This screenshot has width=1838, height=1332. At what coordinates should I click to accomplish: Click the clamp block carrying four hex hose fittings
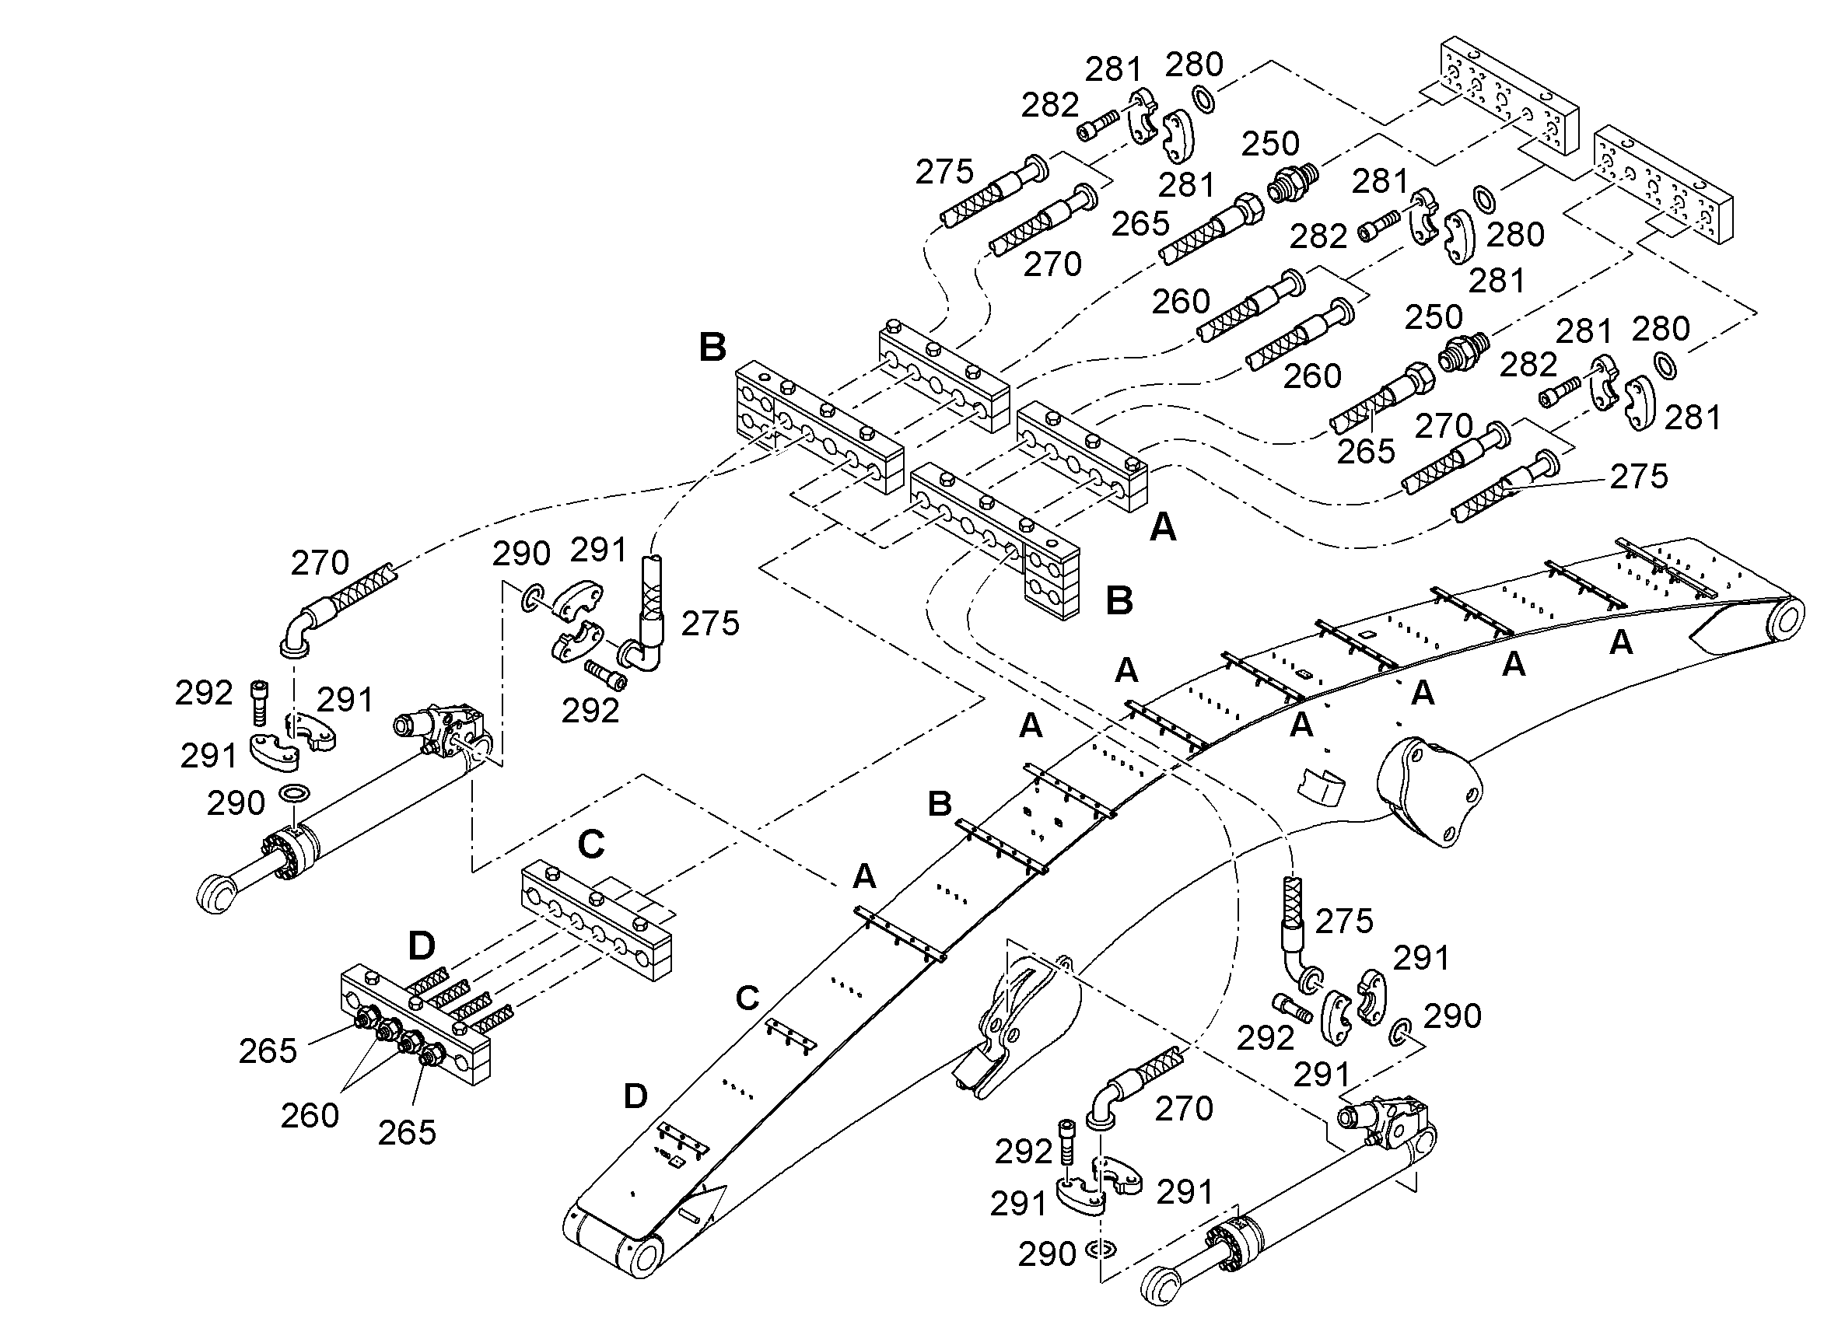415,1024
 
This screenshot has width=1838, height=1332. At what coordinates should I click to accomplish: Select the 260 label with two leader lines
310,1116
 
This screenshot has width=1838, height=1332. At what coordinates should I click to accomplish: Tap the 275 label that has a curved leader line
1639,477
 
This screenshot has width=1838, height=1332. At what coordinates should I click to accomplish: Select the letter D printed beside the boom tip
635,1096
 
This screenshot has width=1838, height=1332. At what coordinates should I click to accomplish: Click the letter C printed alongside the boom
747,998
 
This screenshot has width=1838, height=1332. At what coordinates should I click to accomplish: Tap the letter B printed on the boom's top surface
940,804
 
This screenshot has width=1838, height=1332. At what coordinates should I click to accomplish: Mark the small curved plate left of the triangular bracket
1320,787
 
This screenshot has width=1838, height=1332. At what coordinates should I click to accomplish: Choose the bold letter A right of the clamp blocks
1163,527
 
